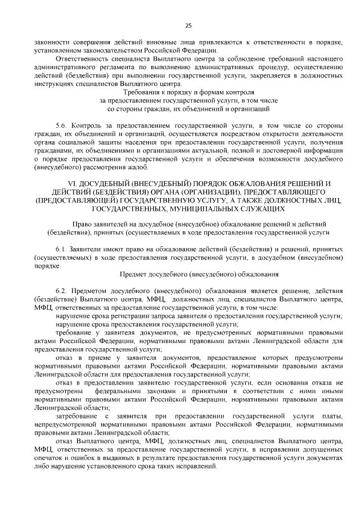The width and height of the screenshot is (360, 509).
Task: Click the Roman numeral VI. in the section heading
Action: [x=72, y=184]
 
